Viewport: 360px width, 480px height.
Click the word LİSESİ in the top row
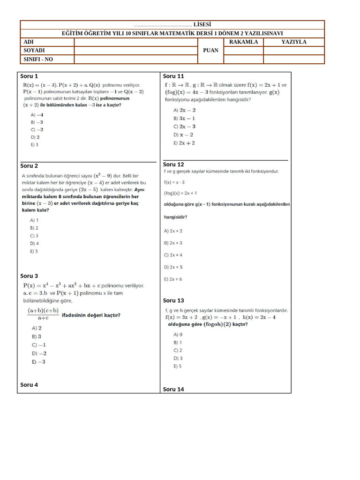[202, 24]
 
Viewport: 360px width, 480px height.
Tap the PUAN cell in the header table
[211, 50]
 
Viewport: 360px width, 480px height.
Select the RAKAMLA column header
[243, 42]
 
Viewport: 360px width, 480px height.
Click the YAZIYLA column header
[293, 42]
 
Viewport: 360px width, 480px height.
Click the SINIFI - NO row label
[39, 59]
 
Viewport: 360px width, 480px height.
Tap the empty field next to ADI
[135, 42]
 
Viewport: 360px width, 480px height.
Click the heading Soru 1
[29, 76]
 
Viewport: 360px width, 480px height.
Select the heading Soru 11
[173, 76]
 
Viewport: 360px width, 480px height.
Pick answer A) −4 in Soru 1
[37, 114]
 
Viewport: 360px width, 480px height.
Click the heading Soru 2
[29, 165]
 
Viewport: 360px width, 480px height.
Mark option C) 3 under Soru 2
[34, 236]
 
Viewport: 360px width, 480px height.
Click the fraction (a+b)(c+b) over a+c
[43, 314]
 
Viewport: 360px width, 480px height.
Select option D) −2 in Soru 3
[39, 353]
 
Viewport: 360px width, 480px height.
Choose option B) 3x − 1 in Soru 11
[184, 118]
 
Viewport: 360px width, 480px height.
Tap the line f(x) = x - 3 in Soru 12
[174, 182]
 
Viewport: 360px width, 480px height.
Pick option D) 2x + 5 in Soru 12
[173, 267]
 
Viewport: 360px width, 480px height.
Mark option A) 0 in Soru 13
[178, 335]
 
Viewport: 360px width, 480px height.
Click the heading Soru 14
[173, 389]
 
